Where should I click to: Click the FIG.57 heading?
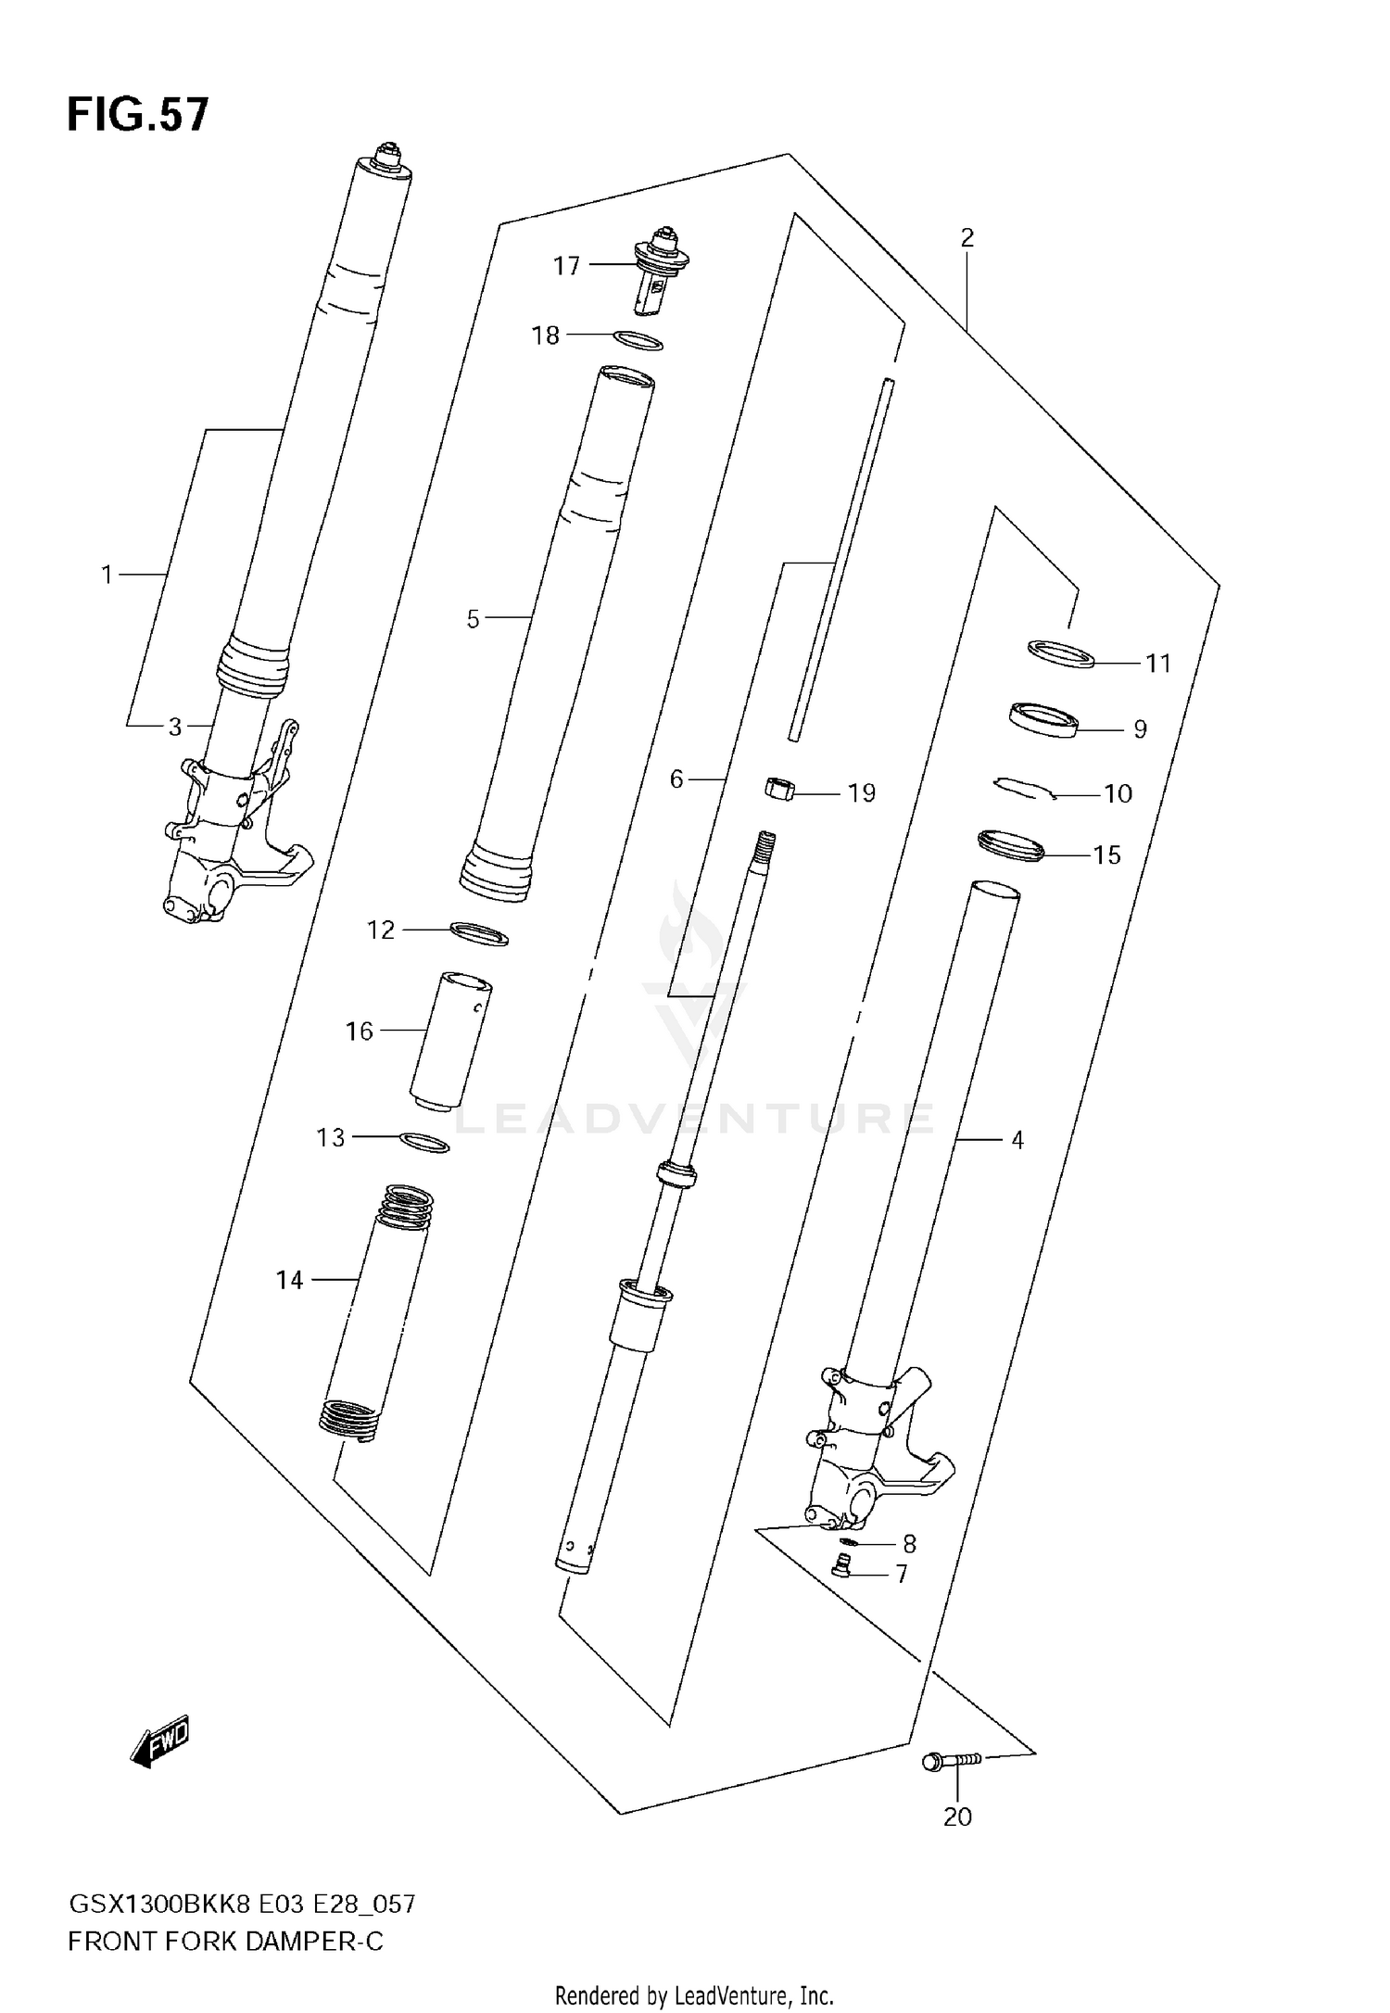(x=137, y=116)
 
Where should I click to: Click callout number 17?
(x=566, y=266)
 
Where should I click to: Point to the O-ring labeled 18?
(x=638, y=341)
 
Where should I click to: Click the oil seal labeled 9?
(x=1043, y=720)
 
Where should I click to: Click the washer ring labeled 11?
(x=1061, y=653)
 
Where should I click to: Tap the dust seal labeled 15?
(x=1011, y=845)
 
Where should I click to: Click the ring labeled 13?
(x=425, y=1143)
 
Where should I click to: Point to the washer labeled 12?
(x=478, y=933)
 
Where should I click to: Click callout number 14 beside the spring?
(x=289, y=1280)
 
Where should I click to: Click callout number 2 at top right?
(x=967, y=238)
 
